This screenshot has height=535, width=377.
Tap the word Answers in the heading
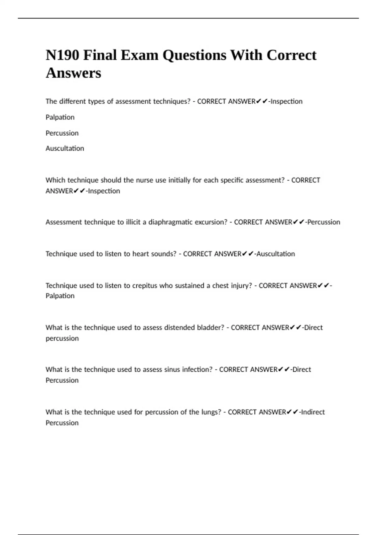tap(74, 73)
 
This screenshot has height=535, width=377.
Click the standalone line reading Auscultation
tap(65, 148)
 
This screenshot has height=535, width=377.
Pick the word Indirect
tap(313, 412)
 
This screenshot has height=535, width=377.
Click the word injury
tap(242, 285)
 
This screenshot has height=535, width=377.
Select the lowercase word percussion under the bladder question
tap(62, 338)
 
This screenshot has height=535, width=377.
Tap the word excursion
tap(211, 222)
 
